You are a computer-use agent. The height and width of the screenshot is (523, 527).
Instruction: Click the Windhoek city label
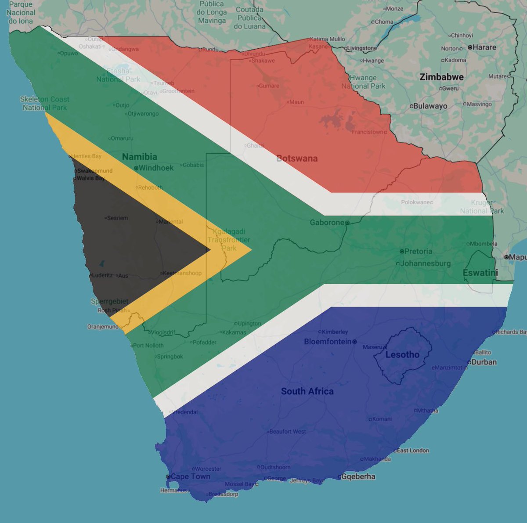[156, 168]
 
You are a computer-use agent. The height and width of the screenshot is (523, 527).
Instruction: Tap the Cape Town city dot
[168, 476]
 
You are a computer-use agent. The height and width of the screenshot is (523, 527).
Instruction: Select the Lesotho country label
[402, 354]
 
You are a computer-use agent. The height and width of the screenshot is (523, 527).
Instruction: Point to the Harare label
[484, 47]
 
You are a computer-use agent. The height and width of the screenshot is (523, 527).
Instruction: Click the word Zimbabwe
[441, 77]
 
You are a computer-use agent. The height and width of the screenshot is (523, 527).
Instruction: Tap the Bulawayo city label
[430, 106]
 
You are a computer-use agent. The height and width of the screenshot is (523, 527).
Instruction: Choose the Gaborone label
[327, 222]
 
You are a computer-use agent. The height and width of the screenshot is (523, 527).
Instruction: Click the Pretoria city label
[418, 251]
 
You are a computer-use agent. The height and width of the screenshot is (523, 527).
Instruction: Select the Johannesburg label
[425, 263]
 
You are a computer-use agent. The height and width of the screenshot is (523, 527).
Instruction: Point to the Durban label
[484, 362]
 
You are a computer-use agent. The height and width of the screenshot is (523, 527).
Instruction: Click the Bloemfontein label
[328, 341]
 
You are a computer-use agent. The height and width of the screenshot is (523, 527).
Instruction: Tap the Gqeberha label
[358, 476]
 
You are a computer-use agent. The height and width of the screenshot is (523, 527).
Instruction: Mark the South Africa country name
[307, 391]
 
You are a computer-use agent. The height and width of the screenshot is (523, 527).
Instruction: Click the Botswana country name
[297, 158]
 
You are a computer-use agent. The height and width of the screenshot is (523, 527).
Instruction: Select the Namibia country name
[139, 156]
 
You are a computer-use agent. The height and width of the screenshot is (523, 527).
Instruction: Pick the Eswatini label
[480, 273]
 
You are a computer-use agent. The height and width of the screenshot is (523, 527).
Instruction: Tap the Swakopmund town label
[95, 171]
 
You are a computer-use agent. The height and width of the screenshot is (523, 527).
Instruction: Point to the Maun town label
[296, 102]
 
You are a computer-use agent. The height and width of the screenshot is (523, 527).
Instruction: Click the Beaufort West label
[288, 432]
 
